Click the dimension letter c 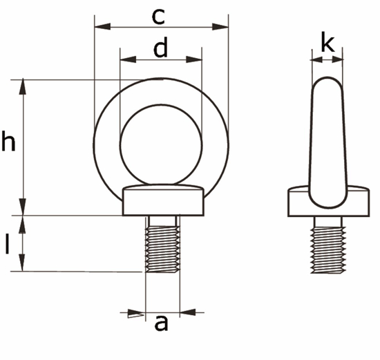pos(160,15)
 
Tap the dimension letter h pos(8,142)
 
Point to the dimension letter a pos(161,323)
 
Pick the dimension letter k pos(327,45)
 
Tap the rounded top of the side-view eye pos(327,86)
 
